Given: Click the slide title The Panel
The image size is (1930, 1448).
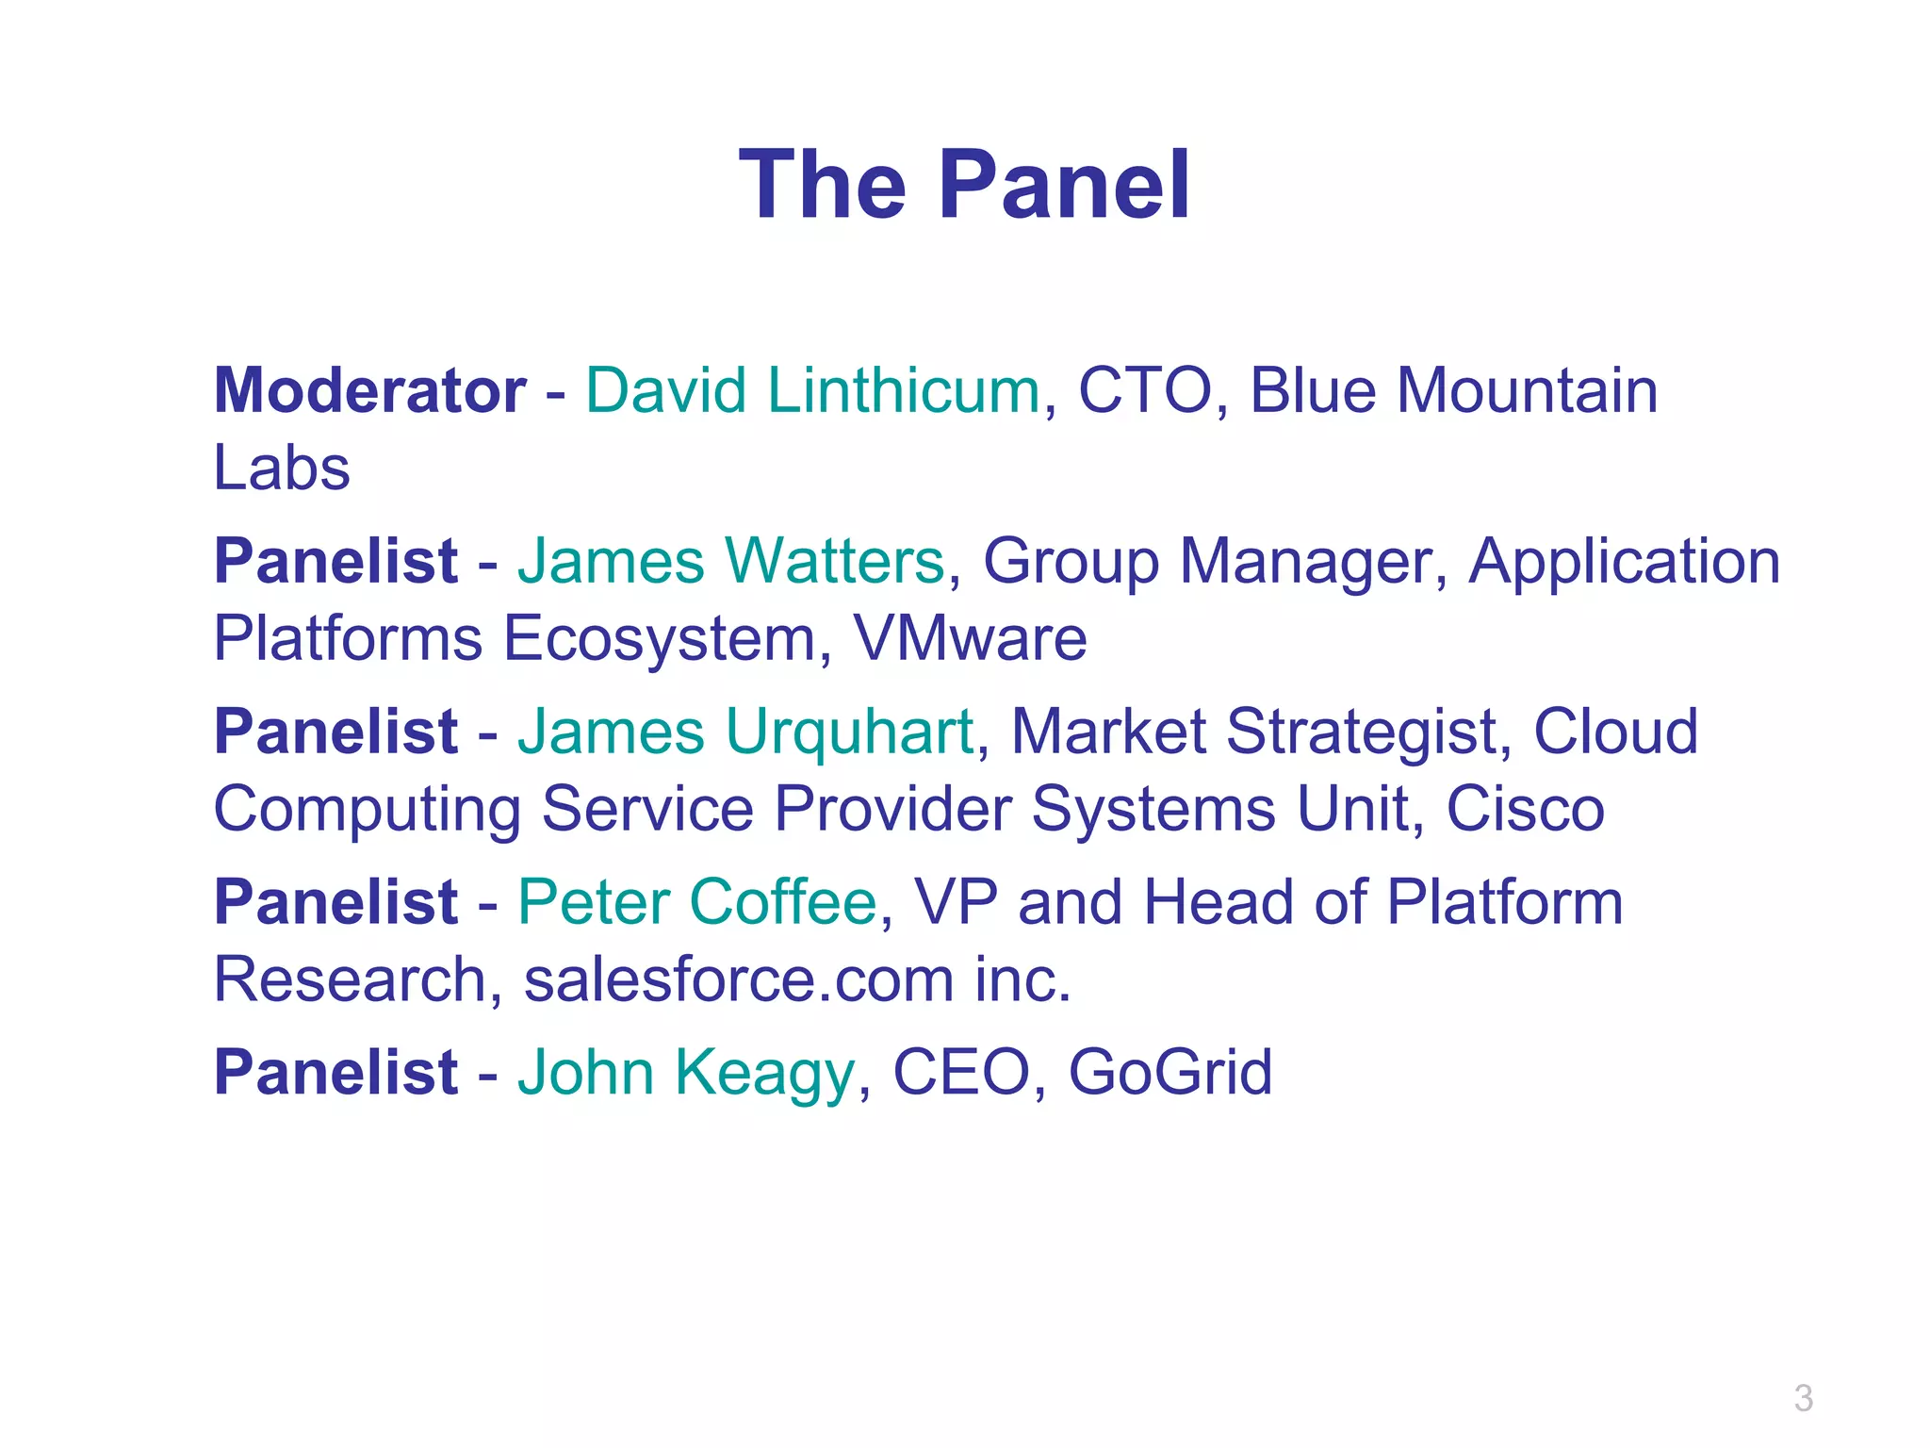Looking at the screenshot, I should click(964, 186).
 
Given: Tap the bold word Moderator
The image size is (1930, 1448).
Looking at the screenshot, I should click(369, 390).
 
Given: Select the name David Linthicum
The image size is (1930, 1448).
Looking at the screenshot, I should click(812, 390).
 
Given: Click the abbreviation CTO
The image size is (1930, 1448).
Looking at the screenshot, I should click(1144, 390).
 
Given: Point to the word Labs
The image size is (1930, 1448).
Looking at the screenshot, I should click(282, 468).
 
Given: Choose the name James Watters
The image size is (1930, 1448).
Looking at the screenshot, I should click(730, 561).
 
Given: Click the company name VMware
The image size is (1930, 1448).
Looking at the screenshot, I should click(970, 638).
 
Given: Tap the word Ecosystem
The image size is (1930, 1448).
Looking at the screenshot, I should click(659, 638).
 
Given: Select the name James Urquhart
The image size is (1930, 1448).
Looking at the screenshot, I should click(745, 732).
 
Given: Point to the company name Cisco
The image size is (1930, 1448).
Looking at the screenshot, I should click(1525, 809).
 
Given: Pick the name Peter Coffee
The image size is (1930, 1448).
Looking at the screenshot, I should click(697, 902).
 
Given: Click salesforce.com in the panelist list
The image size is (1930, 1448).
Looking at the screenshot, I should click(739, 979).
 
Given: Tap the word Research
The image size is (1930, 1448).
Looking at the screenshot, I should click(348, 979).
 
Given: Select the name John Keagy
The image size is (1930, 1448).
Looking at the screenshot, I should click(686, 1073).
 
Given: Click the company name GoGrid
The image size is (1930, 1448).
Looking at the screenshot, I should click(1169, 1073).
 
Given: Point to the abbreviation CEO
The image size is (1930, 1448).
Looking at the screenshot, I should click(960, 1073).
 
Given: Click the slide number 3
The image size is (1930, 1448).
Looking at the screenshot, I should click(1803, 1398).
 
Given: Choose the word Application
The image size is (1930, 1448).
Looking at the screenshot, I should click(1624, 561).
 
